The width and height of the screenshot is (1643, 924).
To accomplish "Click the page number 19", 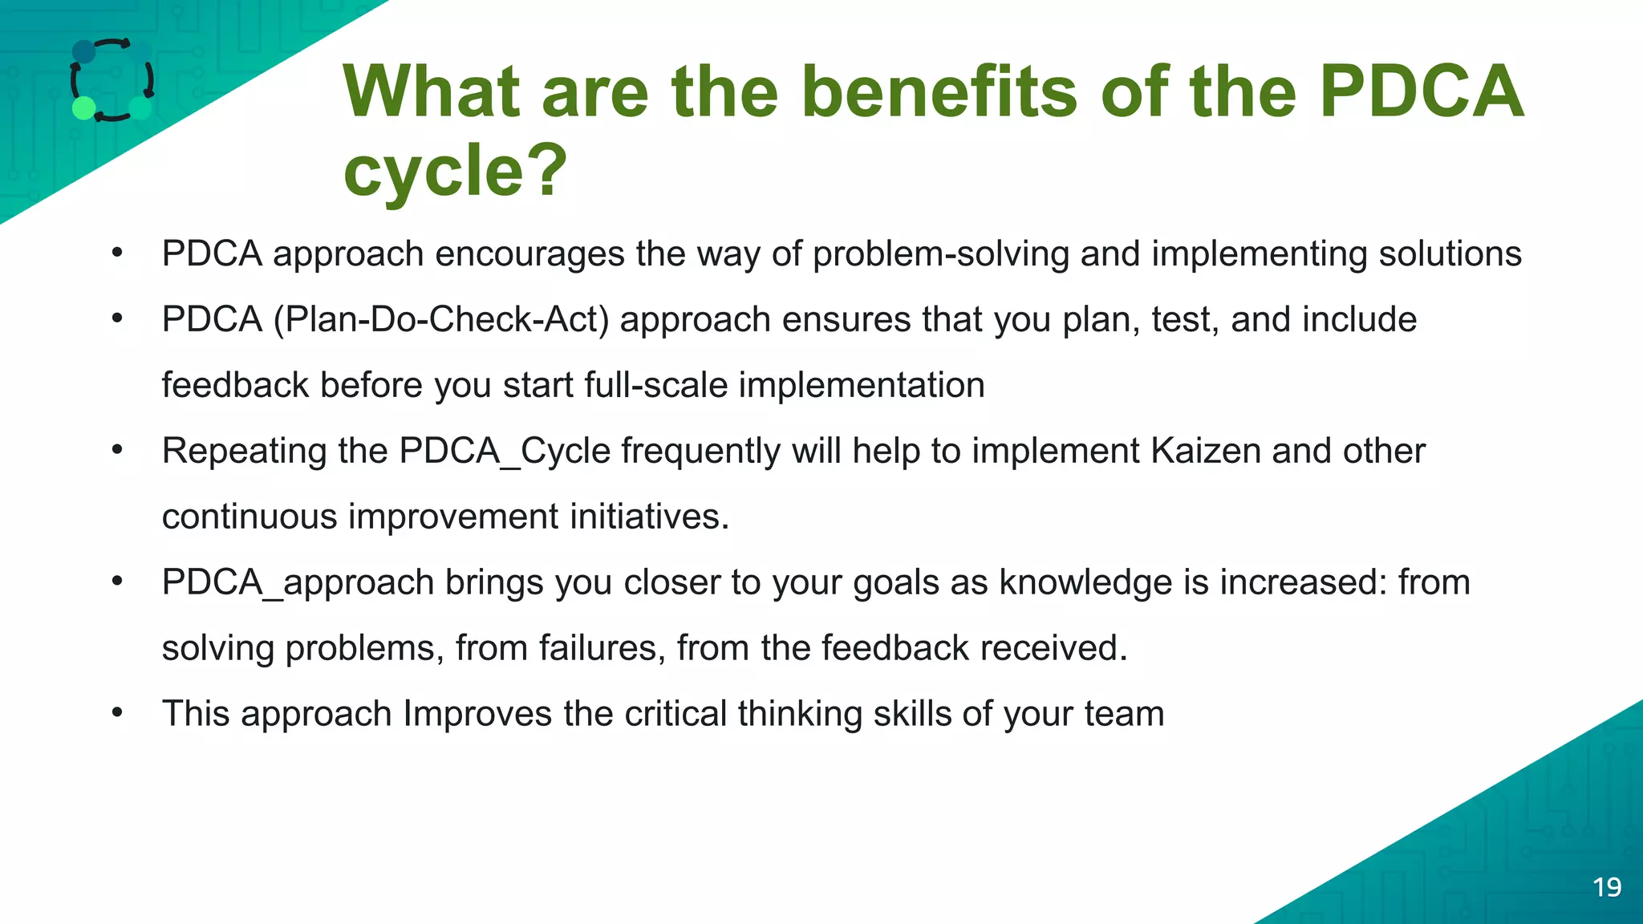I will click(x=1607, y=887).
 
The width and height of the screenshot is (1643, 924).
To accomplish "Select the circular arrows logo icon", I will click(x=112, y=80).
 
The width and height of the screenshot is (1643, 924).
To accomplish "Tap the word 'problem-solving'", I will click(x=940, y=254).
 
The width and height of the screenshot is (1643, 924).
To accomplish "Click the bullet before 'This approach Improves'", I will click(x=117, y=712).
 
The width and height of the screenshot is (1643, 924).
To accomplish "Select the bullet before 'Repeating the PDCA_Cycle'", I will click(x=117, y=449).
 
